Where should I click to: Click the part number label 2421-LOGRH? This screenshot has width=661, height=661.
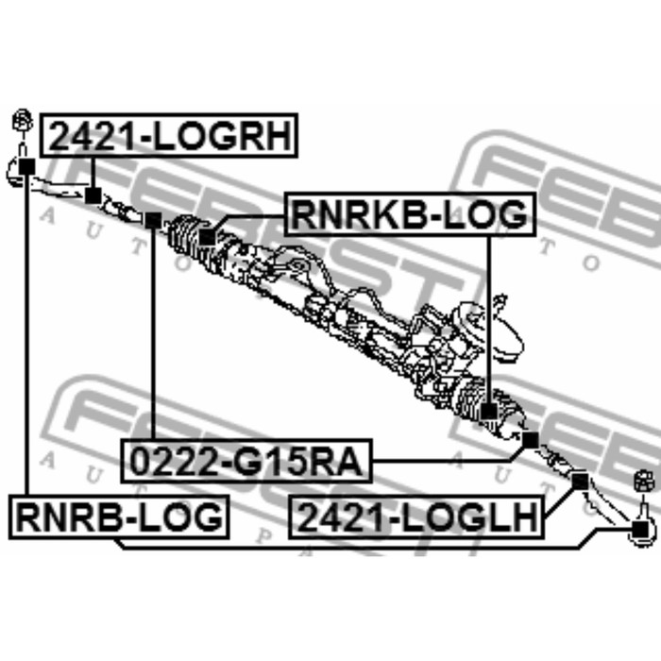169,135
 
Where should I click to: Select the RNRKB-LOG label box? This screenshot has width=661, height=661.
410,213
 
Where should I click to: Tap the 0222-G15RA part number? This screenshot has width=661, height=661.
246,461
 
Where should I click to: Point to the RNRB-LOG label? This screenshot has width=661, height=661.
119,517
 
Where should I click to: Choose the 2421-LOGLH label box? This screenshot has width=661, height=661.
416,517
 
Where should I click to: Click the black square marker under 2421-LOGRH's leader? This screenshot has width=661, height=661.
93,195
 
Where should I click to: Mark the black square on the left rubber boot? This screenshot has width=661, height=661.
207,236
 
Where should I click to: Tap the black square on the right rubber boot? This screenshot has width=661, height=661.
489,412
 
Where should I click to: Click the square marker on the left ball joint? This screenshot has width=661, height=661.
27,167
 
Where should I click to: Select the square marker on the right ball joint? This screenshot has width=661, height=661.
639,529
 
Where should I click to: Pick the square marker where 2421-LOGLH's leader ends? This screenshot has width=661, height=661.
580,482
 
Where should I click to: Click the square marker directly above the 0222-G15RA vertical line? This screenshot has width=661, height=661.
153,220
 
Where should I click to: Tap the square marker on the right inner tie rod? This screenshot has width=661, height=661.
531,440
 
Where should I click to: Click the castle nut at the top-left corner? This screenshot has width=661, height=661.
23,121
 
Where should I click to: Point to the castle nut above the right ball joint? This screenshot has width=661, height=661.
644,482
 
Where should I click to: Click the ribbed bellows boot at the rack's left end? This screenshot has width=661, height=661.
185,237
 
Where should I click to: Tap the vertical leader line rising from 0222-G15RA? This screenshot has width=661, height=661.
153,333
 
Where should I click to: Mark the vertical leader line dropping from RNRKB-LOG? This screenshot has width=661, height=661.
489,319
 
